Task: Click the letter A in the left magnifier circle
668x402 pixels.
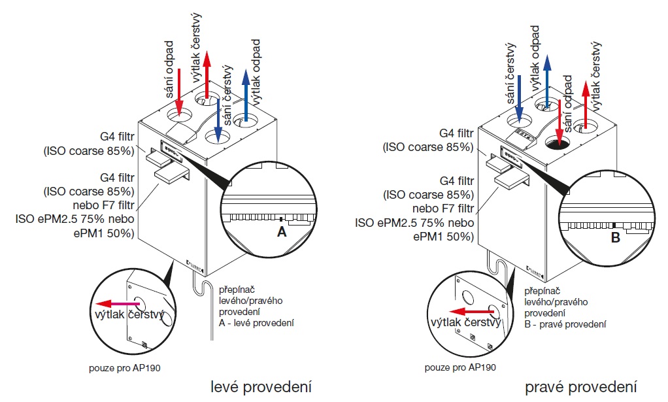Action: pos(282,231)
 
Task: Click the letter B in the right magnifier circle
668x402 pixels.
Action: pos(615,238)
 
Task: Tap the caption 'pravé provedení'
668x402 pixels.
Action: pos(581,386)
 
